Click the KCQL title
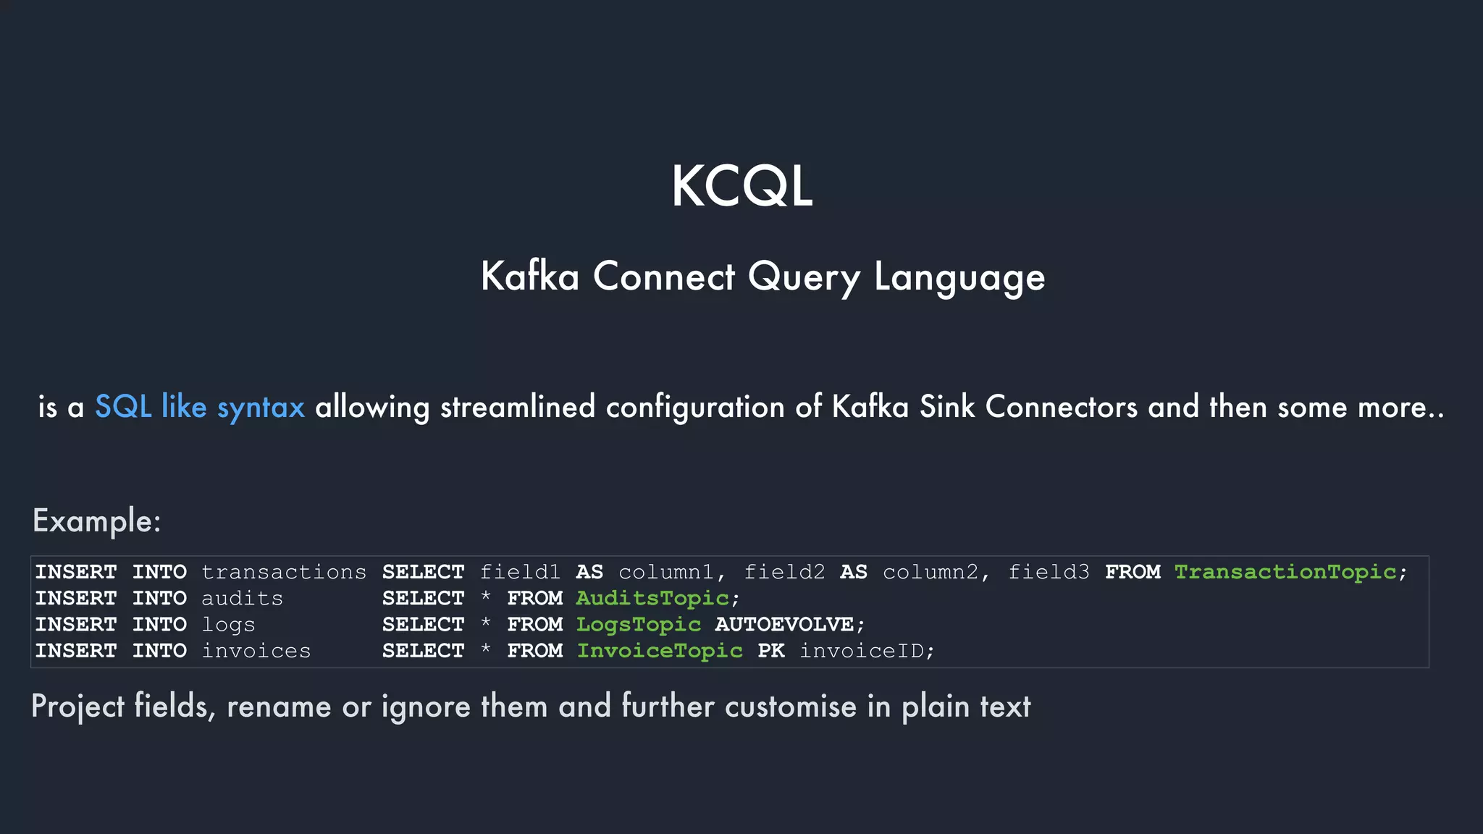[x=741, y=187]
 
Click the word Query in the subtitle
[x=804, y=277]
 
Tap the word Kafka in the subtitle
[x=530, y=277]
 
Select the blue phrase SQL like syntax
[x=200, y=407]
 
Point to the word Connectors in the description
[x=1061, y=407]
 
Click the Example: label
[x=96, y=521]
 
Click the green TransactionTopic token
[x=1285, y=572]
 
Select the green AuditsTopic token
[x=652, y=598]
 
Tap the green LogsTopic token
[x=638, y=624]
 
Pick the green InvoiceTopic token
[x=659, y=651]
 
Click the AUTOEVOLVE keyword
[x=784, y=624]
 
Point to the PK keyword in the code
[x=770, y=651]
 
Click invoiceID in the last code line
[x=861, y=651]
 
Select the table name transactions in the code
[x=284, y=572]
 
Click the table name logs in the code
[x=228, y=625]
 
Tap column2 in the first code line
[x=930, y=572]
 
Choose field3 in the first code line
[x=1048, y=572]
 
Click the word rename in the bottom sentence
[x=279, y=707]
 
